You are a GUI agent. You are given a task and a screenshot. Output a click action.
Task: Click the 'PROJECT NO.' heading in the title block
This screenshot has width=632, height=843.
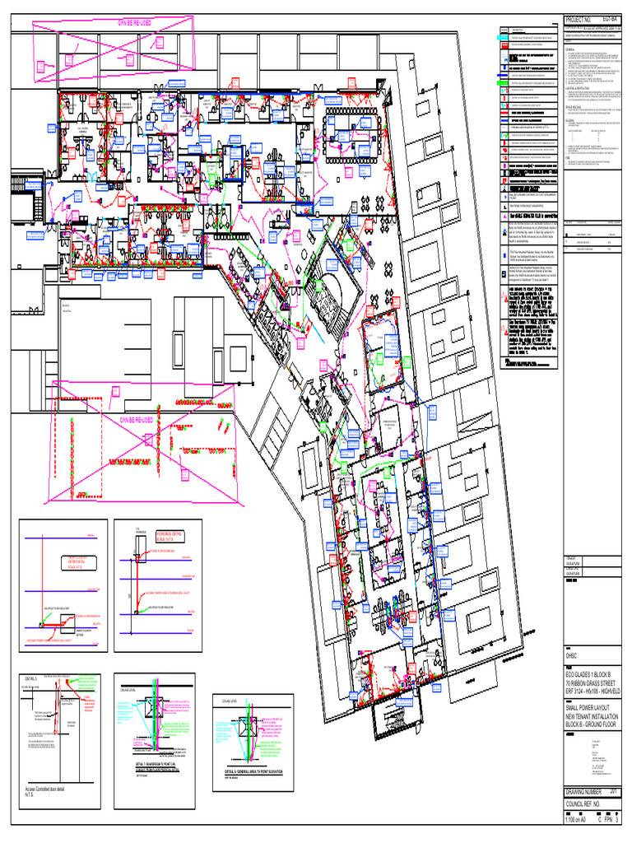(x=582, y=19)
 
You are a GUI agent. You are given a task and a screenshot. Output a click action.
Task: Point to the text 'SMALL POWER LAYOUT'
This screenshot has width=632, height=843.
(x=591, y=708)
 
